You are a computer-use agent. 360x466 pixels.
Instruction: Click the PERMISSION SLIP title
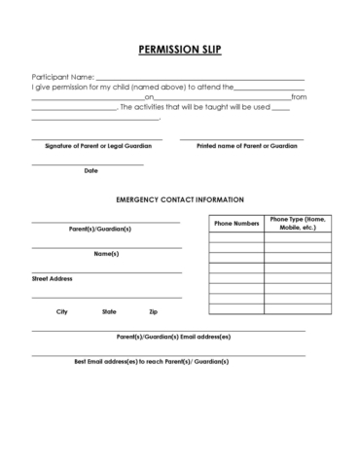point(179,49)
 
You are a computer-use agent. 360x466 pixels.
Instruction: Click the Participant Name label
point(62,77)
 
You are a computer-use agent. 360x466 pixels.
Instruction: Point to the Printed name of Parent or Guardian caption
point(246,145)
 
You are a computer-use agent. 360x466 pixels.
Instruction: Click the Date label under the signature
point(90,170)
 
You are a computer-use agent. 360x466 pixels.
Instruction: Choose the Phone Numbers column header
point(235,223)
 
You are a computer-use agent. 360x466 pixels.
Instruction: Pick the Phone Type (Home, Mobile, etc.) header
point(298,223)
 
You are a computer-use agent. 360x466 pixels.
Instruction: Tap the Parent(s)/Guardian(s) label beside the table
point(99,229)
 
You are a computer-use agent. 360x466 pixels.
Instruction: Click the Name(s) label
point(106,254)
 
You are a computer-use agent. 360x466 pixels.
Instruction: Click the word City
point(62,311)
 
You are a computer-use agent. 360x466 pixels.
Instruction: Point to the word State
point(109,311)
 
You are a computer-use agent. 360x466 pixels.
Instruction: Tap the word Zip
point(153,311)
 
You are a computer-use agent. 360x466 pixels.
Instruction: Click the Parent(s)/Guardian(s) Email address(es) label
point(173,337)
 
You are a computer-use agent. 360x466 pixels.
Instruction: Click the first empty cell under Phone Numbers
point(235,236)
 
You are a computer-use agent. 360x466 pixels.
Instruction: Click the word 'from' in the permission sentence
point(299,97)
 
